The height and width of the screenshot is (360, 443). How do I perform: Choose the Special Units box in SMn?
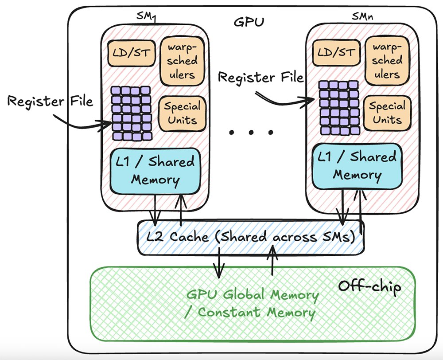[387, 113]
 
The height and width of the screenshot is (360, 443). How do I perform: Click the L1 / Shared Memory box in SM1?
[154, 171]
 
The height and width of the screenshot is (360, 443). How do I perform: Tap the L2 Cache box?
[250, 237]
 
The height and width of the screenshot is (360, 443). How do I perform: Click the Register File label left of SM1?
[50, 102]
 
